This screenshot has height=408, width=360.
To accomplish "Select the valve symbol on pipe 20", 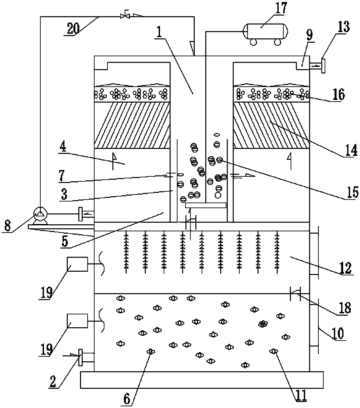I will (x=125, y=15).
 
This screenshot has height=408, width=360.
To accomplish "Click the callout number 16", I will (x=338, y=94).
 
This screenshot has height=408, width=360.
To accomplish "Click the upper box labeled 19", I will (x=77, y=264).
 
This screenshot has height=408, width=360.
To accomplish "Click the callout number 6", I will (x=127, y=399).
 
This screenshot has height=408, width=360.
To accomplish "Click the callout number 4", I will (x=63, y=147).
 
